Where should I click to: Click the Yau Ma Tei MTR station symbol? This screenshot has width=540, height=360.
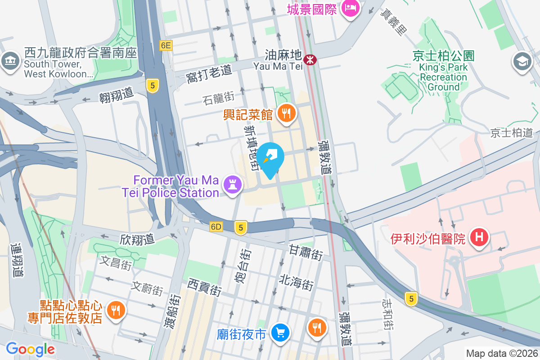coord(310,59)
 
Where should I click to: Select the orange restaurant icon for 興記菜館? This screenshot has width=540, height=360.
coord(286,113)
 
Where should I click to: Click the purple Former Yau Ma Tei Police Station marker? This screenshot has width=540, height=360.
coord(232,185)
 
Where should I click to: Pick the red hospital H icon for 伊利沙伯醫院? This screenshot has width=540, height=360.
coord(479,237)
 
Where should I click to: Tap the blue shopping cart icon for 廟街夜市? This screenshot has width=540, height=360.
coord(281,333)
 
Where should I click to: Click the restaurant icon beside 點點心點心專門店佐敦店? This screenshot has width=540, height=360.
coord(116,310)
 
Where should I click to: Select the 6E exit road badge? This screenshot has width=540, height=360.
coord(166,45)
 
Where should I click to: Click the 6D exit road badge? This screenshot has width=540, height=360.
coord(216,227)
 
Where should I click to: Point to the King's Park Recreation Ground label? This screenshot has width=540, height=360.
coord(443,72)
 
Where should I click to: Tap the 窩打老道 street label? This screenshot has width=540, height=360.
coord(208,75)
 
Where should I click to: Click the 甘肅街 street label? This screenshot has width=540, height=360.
coord(306,252)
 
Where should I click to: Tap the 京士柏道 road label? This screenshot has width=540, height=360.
coord(512,133)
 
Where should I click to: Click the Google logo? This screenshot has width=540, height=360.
coord(30,349)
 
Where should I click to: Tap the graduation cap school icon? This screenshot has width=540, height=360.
coord(522,62)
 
